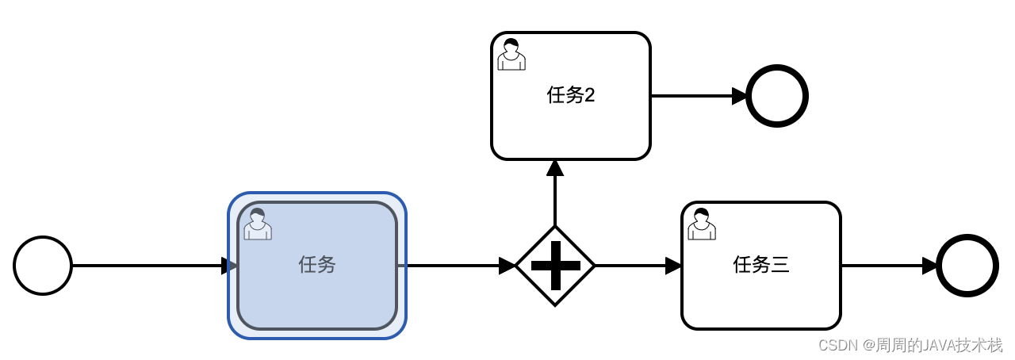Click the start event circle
pos(43,266)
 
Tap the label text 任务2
pos(571,96)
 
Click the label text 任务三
pos(761,265)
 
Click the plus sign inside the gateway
pos(555,266)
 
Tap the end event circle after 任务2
pos(777,96)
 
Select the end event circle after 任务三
pos(967,266)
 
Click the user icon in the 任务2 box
pos(511,54)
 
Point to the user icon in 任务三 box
pos(702,224)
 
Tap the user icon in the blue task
pos(258,224)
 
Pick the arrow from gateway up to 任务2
pos(555,194)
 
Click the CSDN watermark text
pos(910,345)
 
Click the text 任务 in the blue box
pos(317,265)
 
